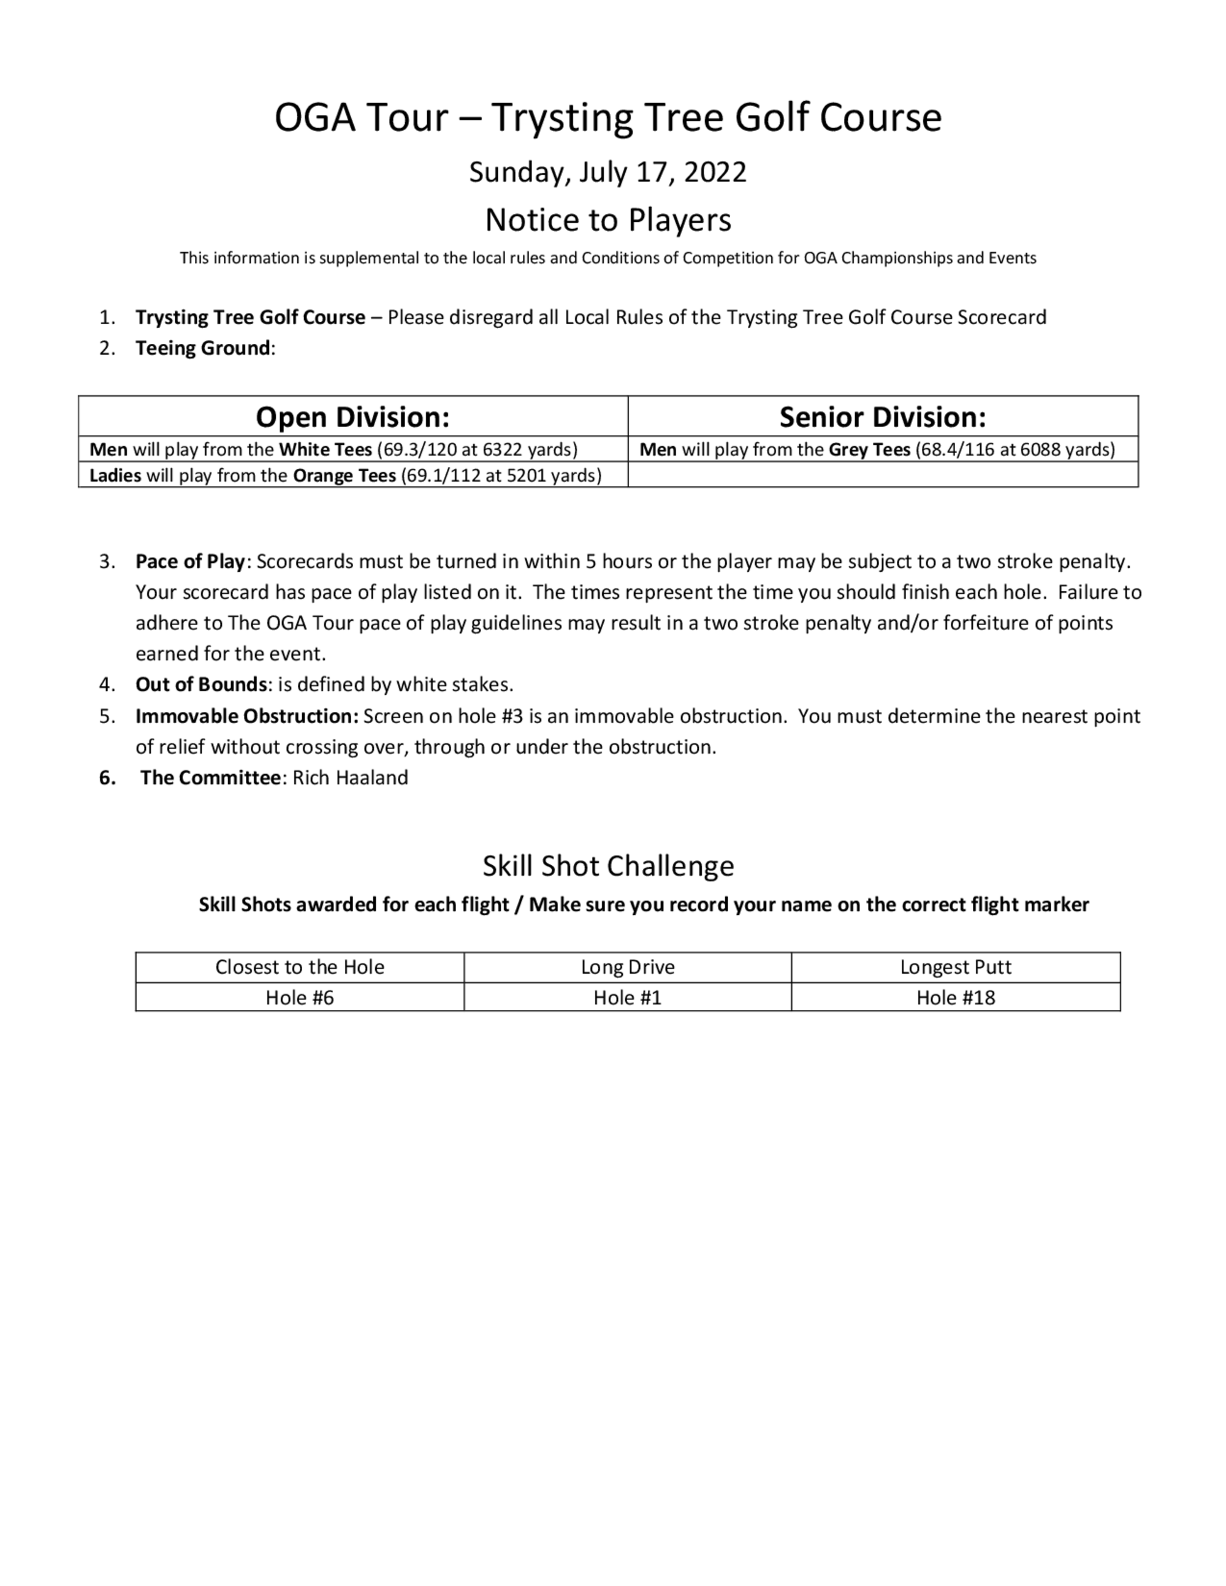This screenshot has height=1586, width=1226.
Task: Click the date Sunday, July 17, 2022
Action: point(607,172)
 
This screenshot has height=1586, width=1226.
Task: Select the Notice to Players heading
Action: point(607,219)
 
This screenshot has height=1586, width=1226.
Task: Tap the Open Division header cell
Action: point(352,417)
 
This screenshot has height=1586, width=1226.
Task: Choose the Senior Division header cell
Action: point(883,417)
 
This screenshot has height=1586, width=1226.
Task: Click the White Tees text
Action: point(325,450)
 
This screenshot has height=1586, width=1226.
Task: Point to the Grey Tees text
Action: point(869,450)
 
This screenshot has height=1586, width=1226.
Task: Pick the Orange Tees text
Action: point(345,476)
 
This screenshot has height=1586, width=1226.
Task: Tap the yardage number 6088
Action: point(1040,450)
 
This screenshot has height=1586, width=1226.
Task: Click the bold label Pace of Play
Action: point(190,561)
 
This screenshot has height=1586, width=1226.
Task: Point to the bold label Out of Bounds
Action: point(201,685)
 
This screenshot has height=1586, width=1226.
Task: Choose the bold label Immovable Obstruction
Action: point(247,716)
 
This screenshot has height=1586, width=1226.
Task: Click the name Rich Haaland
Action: point(350,778)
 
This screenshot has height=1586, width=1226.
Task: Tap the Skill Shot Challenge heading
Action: point(608,865)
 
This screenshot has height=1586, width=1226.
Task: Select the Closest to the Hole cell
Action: point(299,967)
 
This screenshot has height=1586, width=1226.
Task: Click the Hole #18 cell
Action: point(955,998)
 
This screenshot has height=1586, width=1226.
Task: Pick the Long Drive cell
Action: point(628,967)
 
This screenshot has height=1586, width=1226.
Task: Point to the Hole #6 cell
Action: point(299,998)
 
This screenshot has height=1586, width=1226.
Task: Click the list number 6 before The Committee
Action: point(107,778)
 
